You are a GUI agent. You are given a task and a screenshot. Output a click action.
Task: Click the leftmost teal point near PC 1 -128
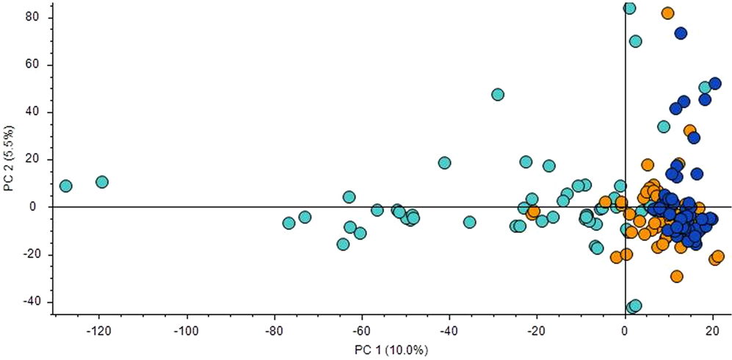click(65, 186)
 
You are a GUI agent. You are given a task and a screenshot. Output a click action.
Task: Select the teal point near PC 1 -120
click(102, 181)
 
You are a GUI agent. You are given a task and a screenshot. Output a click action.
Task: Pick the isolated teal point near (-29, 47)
click(498, 95)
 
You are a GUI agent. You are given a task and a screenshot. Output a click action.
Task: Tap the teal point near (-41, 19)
click(444, 162)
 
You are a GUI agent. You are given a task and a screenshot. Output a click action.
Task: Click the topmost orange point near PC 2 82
click(667, 13)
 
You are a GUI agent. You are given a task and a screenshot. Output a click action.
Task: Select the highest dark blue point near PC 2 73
click(681, 33)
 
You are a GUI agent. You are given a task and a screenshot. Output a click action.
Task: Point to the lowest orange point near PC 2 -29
click(676, 276)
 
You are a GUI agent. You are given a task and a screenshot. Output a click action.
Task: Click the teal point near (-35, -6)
click(469, 222)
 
